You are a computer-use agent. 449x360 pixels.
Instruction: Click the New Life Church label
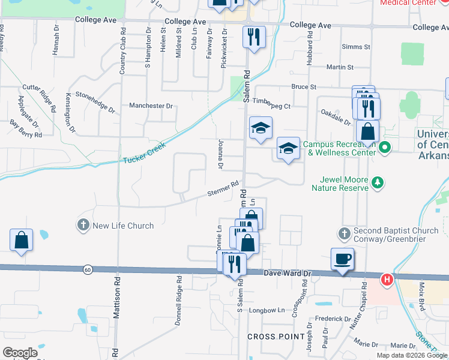click(122, 226)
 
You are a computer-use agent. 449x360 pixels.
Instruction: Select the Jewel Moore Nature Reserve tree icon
click(378, 182)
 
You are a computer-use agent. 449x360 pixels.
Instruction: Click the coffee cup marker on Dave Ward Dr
click(342, 259)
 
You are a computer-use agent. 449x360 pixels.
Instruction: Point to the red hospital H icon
click(387, 279)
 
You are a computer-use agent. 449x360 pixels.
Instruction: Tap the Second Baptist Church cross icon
click(344, 233)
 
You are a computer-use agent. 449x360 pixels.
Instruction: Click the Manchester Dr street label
click(151, 106)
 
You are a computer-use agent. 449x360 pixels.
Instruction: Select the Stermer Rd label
click(223, 188)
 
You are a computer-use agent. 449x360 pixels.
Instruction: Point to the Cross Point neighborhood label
click(276, 337)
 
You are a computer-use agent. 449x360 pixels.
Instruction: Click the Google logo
click(20, 352)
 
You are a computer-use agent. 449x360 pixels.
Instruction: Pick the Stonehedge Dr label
click(95, 101)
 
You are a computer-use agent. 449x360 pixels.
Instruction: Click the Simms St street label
click(355, 47)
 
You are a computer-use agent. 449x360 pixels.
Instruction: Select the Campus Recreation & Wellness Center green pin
click(385, 147)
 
